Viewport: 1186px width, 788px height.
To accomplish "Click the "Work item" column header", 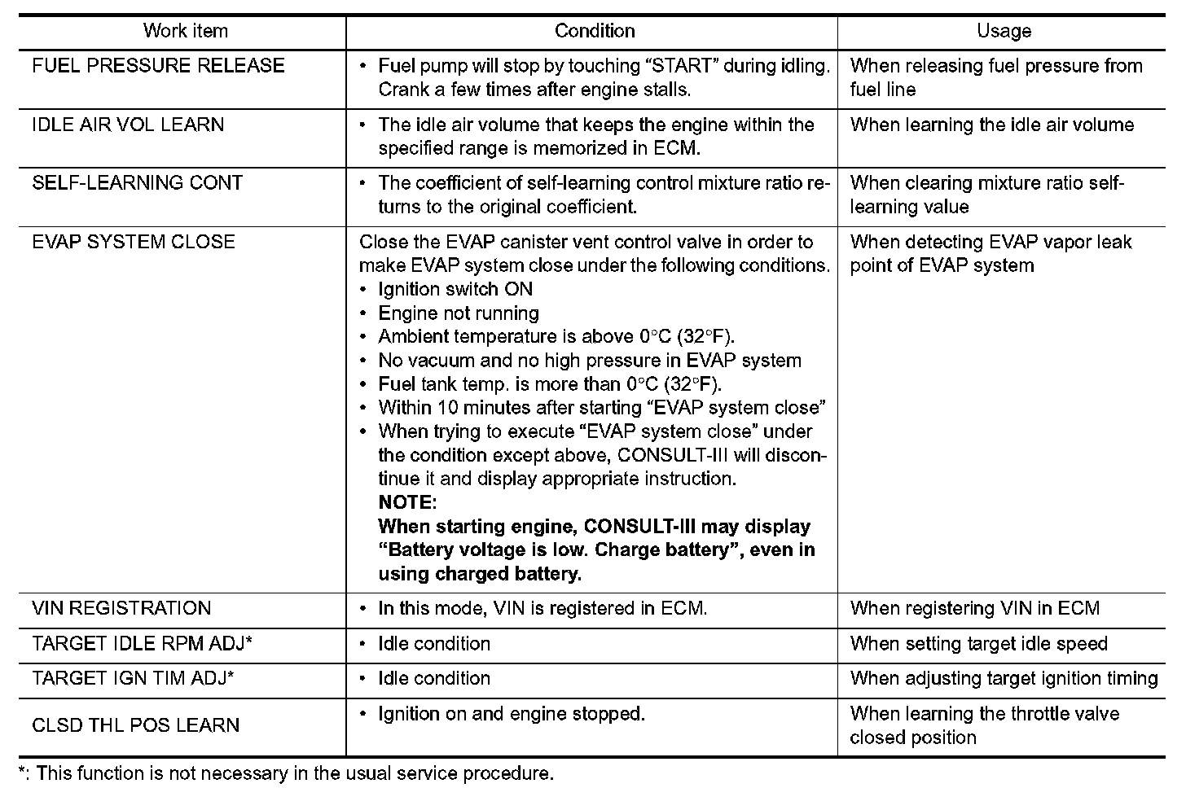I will (x=185, y=32).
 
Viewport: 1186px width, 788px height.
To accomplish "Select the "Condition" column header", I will (x=594, y=32).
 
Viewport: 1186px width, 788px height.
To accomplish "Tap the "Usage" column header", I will (x=1004, y=32).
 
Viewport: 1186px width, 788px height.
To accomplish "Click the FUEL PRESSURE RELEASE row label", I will (x=158, y=66).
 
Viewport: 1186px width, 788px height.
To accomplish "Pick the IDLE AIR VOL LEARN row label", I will (x=128, y=125).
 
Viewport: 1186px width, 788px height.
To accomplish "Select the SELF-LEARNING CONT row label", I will (x=137, y=183).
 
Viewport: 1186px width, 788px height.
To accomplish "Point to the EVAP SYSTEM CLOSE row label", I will (x=134, y=242).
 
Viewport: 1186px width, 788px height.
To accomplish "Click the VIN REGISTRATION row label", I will (x=121, y=608).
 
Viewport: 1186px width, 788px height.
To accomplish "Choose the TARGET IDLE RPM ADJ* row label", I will (x=142, y=644).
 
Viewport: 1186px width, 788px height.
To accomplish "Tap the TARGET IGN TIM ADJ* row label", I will (x=133, y=679).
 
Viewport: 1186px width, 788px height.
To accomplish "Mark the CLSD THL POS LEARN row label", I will (x=135, y=725).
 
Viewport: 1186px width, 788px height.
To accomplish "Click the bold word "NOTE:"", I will (x=407, y=502).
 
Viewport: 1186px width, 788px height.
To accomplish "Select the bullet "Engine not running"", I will (x=459, y=313).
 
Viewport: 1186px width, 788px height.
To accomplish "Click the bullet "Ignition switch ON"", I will (x=455, y=290).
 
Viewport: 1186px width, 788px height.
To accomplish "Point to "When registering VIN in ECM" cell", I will (x=974, y=608).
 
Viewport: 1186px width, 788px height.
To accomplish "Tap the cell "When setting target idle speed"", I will (x=978, y=644).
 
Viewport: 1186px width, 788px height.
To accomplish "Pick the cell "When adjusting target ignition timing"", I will (x=1004, y=679).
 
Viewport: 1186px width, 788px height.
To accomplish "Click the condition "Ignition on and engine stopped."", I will (x=512, y=715).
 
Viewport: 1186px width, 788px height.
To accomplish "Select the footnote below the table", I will (x=286, y=773).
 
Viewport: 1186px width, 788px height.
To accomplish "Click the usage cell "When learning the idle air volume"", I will (x=991, y=125).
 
